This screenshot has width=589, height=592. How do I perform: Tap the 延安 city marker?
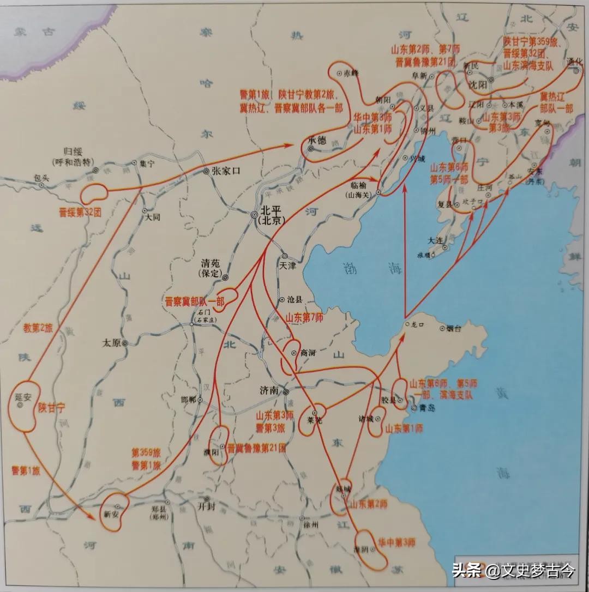click(20, 406)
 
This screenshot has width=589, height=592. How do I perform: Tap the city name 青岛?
click(426, 407)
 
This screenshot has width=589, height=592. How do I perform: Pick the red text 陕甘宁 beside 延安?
click(52, 407)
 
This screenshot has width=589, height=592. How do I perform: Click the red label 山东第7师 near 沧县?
click(304, 317)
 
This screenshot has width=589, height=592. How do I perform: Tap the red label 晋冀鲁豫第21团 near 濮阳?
click(257, 448)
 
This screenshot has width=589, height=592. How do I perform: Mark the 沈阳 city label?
click(477, 85)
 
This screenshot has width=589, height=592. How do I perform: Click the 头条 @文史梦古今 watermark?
click(513, 571)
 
